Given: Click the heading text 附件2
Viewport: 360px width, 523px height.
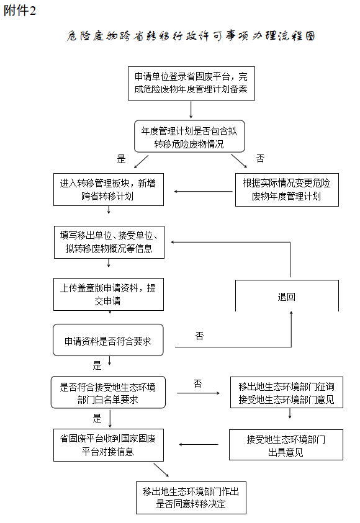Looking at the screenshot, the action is (x=19, y=11).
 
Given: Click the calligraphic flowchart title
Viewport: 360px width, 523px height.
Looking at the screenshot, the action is (x=191, y=36).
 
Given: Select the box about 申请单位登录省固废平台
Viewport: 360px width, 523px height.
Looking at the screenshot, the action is (x=191, y=83).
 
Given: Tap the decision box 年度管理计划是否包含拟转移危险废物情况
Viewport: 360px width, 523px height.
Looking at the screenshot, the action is (x=189, y=136).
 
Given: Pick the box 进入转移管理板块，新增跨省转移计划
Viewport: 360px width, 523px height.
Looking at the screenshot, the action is (x=109, y=189).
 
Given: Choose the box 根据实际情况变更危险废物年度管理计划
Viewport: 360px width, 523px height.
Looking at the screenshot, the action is (x=287, y=190).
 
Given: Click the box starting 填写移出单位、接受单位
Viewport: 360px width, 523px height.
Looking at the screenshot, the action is (x=109, y=242).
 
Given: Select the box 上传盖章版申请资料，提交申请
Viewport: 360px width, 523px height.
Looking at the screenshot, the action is (x=109, y=295).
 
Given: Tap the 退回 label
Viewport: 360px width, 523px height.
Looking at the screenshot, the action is (x=286, y=297).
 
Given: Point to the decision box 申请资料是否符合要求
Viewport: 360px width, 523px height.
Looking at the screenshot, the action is (x=108, y=340).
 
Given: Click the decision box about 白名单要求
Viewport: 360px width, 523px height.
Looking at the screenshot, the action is (x=108, y=392).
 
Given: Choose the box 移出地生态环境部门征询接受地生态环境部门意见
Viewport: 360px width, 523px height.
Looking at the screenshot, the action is (x=287, y=392).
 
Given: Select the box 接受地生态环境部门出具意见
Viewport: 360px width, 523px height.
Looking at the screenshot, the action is (x=286, y=445).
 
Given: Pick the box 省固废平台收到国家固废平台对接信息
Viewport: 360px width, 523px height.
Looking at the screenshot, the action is (x=109, y=445).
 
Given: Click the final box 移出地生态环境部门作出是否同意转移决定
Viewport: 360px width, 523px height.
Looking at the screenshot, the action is (x=191, y=498).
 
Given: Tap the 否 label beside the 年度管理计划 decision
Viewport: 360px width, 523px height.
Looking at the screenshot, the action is (x=260, y=158).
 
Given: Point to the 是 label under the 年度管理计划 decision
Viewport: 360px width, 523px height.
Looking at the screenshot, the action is (x=121, y=159).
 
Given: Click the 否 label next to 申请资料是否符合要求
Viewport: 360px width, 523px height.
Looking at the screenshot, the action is (x=199, y=336).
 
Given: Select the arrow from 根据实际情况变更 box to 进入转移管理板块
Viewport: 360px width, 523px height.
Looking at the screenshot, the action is (x=203, y=192).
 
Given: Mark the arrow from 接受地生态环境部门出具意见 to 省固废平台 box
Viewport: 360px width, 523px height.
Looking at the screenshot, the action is (x=199, y=444).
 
